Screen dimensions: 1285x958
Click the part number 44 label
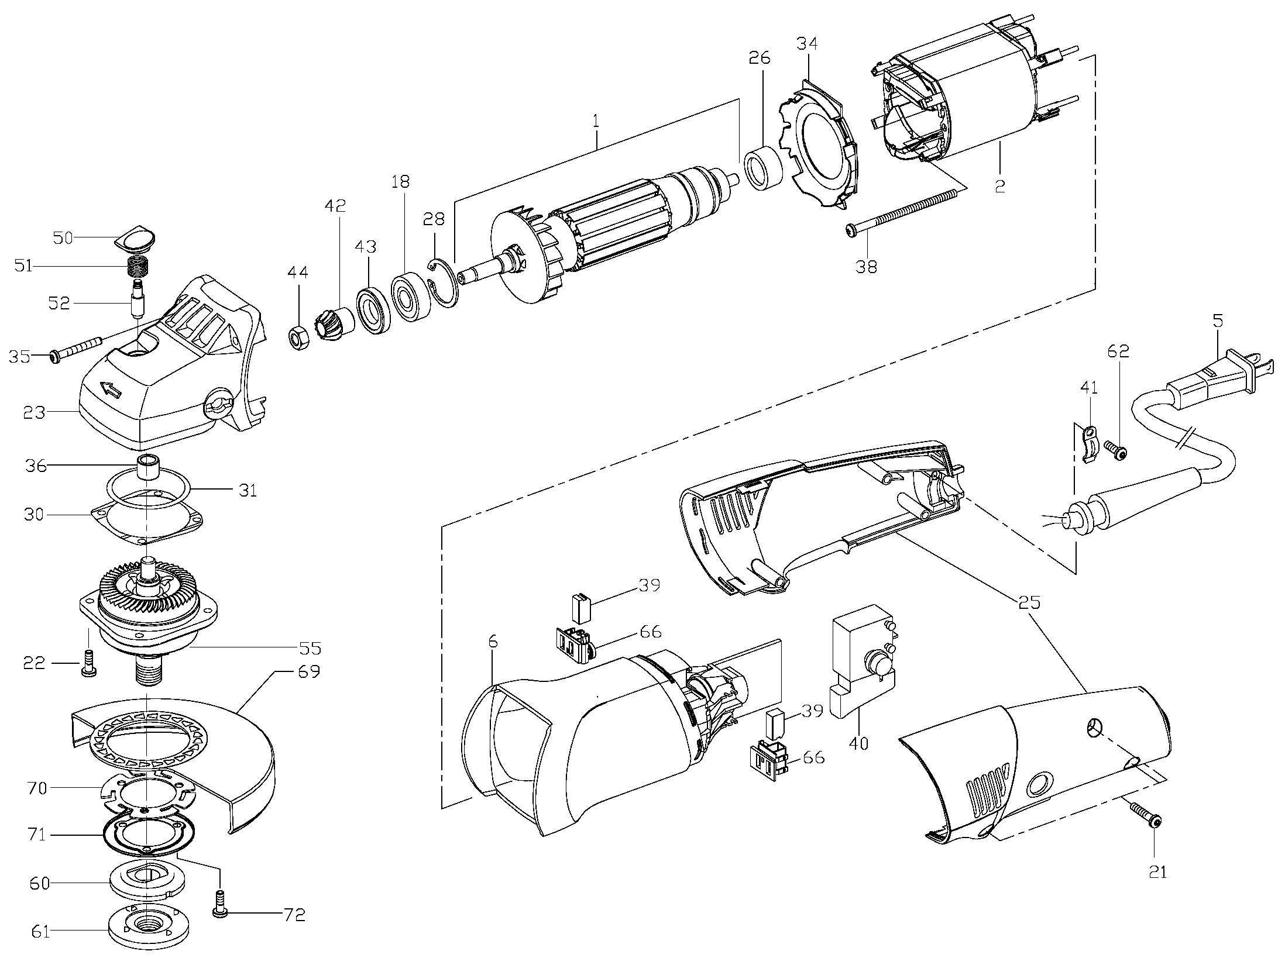pyautogui.click(x=297, y=273)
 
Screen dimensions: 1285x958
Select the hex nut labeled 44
pyautogui.click(x=298, y=338)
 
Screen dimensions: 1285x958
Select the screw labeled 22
pyautogui.click(x=89, y=663)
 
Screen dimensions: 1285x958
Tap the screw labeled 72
pyautogui.click(x=220, y=914)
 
